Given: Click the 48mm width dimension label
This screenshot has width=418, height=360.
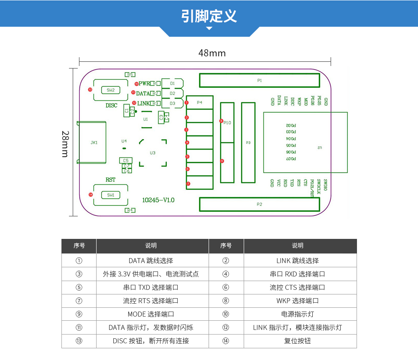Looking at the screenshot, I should coord(212,53).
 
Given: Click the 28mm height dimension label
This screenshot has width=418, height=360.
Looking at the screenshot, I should coord(65,144).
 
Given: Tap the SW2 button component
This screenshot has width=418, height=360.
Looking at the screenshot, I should coord(110,90).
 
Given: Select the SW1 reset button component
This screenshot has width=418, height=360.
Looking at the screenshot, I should coord(110,195).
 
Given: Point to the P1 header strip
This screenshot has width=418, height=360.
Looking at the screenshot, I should coord(259,80).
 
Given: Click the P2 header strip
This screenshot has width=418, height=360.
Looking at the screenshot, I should coord(259,204).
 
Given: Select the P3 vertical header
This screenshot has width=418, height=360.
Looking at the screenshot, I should coord(248,143).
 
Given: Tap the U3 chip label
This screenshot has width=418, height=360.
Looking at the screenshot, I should coord(153,153).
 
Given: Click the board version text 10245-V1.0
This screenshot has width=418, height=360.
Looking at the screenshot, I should coord(158,200).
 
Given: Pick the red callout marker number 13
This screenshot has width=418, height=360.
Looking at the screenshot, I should coord(89,89).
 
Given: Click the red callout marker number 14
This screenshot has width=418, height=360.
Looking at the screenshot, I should coord(90,194).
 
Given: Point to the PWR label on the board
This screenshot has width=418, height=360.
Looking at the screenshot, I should coord(144,84).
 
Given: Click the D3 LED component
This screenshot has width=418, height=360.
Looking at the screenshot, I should coord(173,103).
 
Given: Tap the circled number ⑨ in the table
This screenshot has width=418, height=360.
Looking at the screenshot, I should coord(79,314).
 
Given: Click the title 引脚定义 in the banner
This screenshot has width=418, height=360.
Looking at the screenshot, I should coord(209,16).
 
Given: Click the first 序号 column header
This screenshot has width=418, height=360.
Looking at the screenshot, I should coord(79,246).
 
